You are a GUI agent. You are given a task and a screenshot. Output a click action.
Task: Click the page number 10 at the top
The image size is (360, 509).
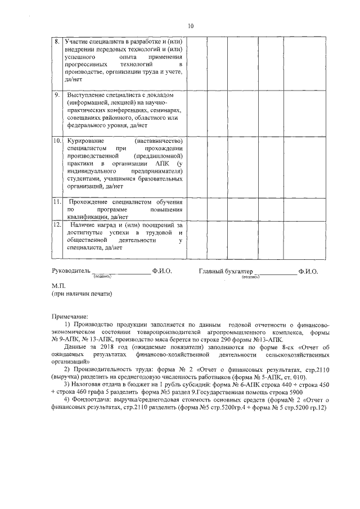click(x=191, y=25)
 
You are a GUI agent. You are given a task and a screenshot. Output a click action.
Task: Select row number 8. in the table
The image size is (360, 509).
click(x=57, y=42)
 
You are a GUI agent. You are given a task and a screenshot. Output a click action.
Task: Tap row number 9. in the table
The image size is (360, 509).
click(x=57, y=94)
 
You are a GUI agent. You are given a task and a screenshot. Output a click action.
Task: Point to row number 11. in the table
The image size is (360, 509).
click(x=57, y=201)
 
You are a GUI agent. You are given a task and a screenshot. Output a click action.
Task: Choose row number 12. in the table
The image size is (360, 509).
click(x=57, y=224)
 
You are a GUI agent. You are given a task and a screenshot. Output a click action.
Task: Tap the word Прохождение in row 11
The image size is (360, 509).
click(x=93, y=201)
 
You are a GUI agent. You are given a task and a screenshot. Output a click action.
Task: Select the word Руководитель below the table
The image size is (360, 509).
click(x=70, y=271)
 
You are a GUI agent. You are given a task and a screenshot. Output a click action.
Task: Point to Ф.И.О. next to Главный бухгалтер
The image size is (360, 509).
click(x=308, y=271)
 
